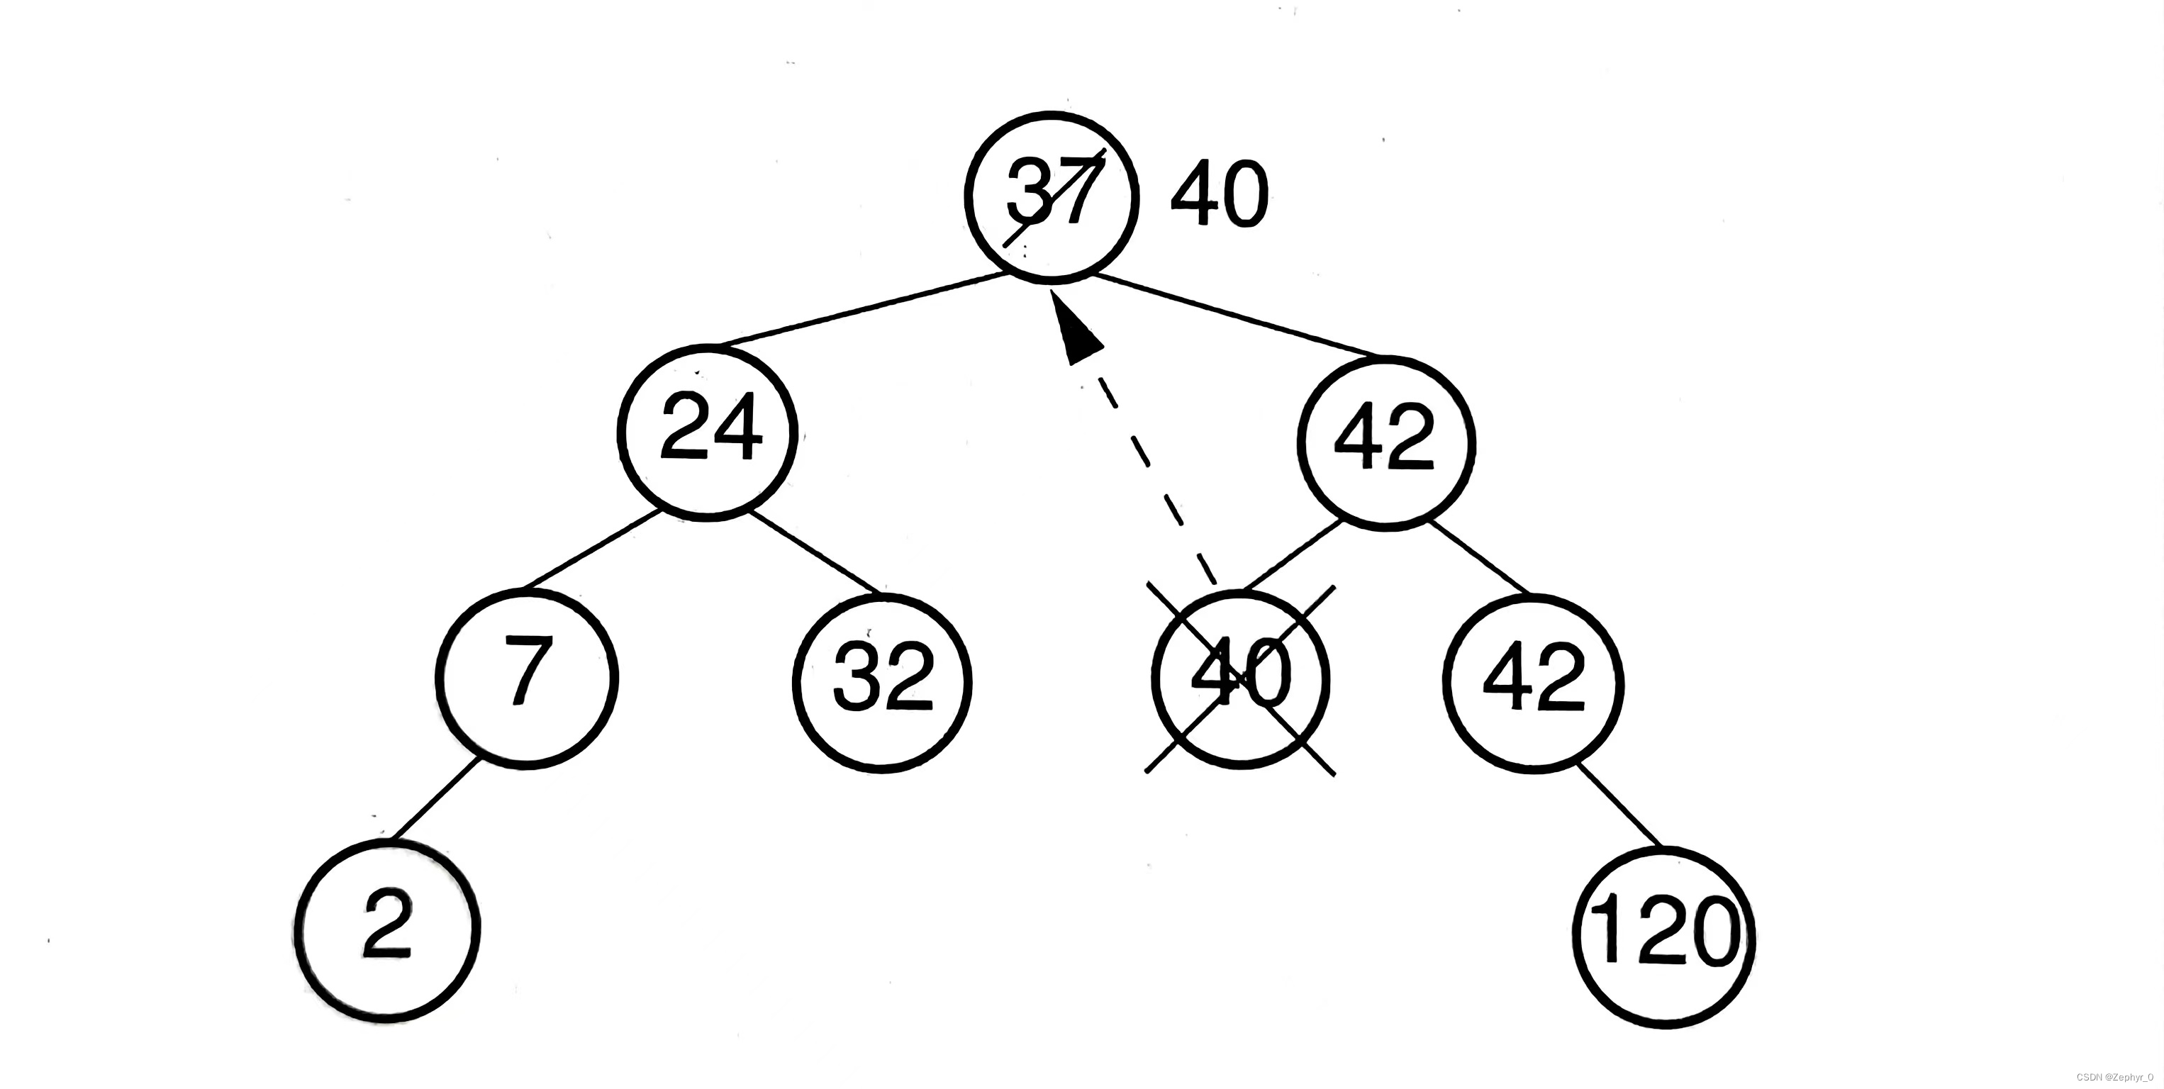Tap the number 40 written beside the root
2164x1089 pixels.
coord(1218,195)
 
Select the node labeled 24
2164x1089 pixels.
coord(708,432)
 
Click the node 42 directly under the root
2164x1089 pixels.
coord(1386,442)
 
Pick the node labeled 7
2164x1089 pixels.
coord(527,677)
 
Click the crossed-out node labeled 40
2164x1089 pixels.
coord(1240,679)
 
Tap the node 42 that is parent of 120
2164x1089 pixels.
coord(1534,682)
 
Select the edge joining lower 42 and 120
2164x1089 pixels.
coord(1619,805)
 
